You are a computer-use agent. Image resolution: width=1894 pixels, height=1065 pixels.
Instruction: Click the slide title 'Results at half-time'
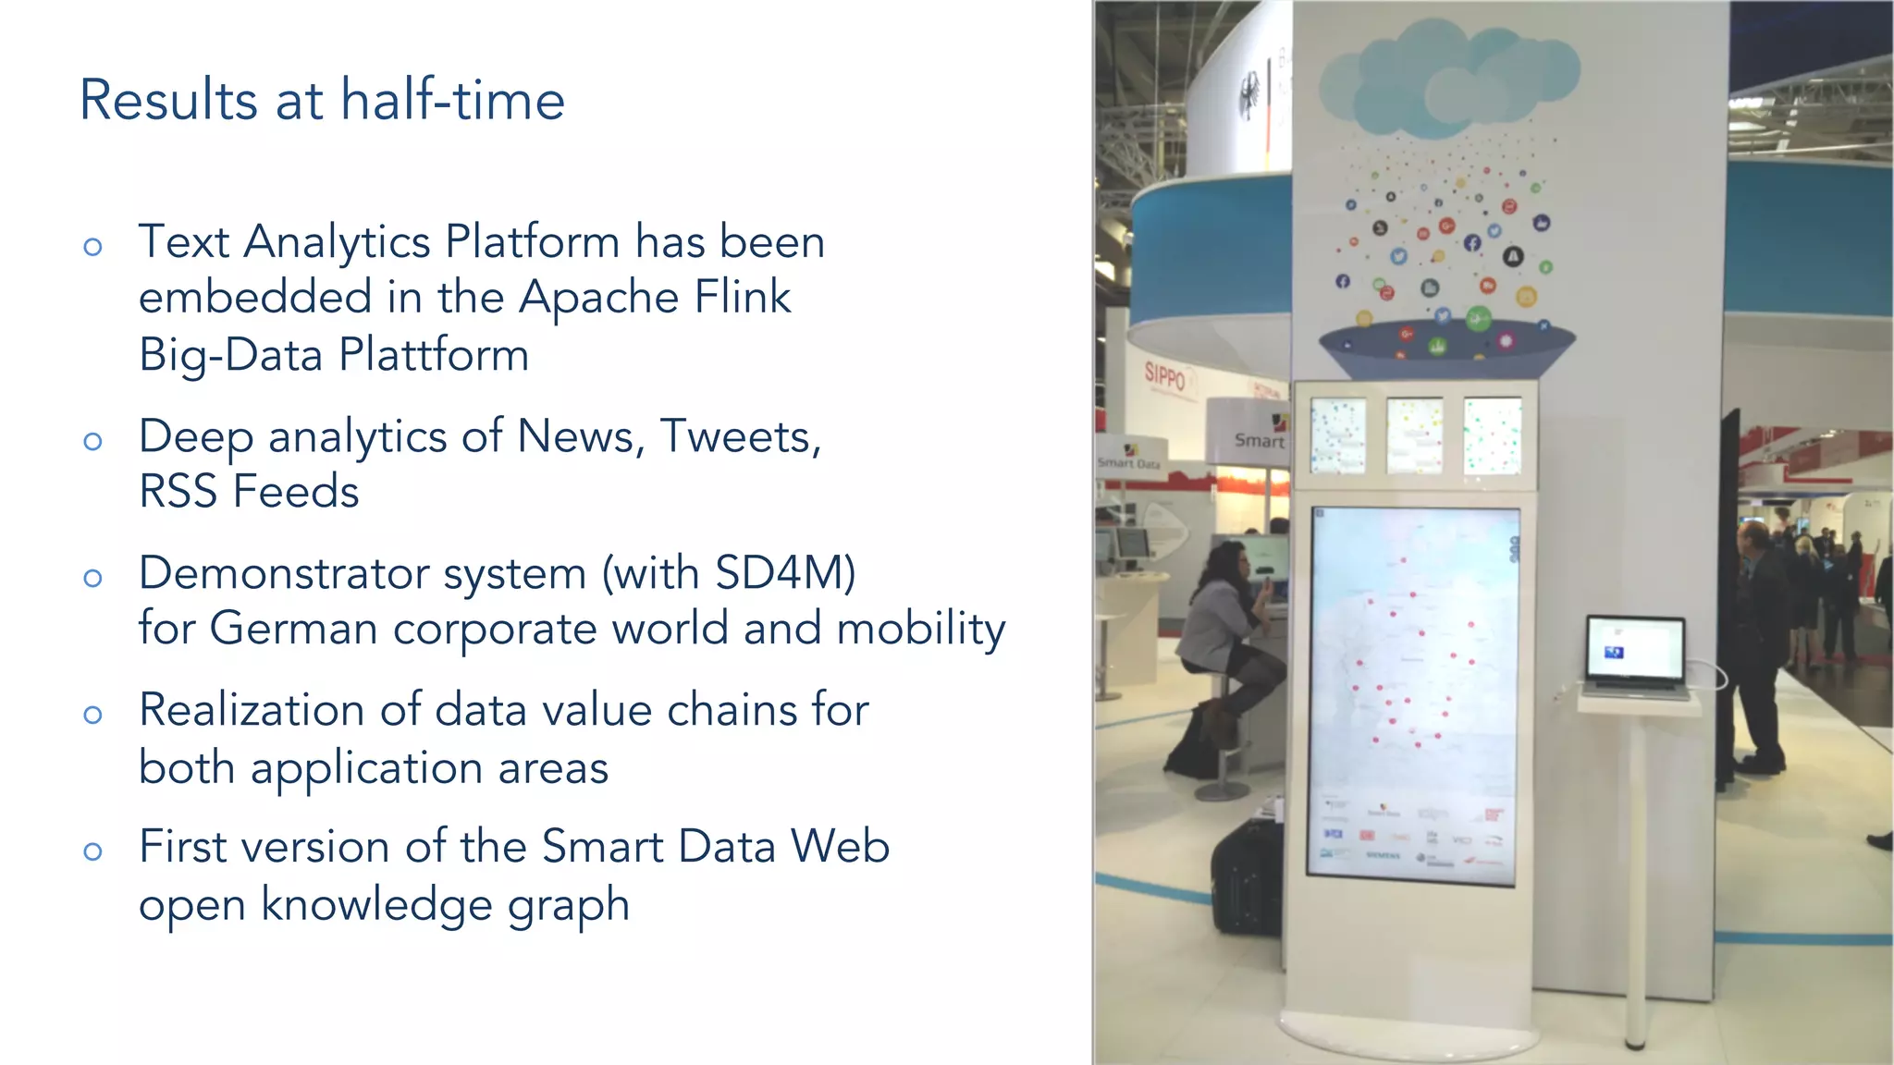click(322, 100)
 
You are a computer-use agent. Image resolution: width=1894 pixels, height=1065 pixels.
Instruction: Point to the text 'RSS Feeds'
click(249, 491)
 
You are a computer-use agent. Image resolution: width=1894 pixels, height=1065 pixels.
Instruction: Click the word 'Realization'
click(252, 710)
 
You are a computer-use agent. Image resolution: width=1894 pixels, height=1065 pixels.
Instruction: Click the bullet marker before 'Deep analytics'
click(92, 441)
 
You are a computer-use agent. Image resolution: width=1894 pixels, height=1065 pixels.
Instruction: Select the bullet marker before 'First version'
click(92, 851)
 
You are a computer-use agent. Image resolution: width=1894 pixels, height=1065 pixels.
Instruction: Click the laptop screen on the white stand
click(1634, 648)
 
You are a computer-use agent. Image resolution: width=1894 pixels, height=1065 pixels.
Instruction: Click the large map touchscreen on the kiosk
click(1413, 693)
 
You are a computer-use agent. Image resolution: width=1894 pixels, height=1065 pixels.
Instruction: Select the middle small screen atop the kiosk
click(1414, 435)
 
